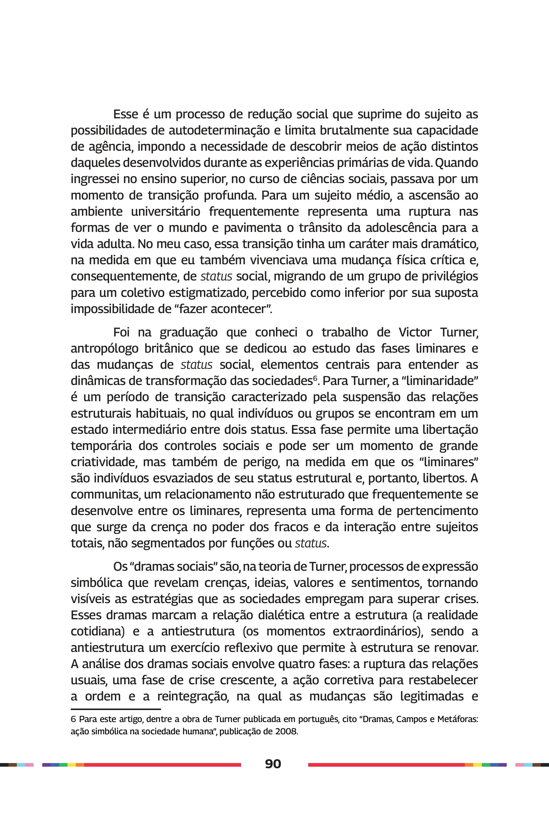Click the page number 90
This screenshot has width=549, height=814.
coord(273,764)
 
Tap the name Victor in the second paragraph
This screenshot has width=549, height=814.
coord(415,332)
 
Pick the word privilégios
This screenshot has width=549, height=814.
coord(450,276)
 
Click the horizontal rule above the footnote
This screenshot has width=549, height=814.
coord(115,709)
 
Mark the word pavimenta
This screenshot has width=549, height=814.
coord(252,228)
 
